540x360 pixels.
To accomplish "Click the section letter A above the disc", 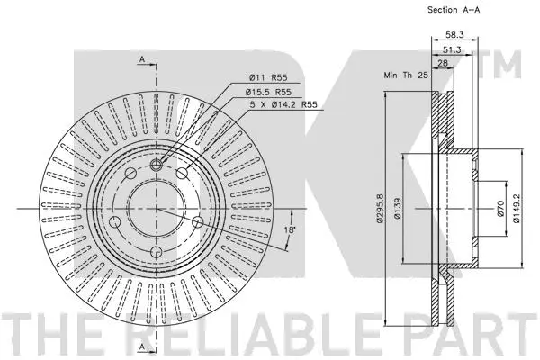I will pyautogui.click(x=141, y=58).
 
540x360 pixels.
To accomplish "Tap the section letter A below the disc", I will pyautogui.click(x=141, y=346).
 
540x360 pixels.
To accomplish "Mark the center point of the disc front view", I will pyautogui.click(x=154, y=209).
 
